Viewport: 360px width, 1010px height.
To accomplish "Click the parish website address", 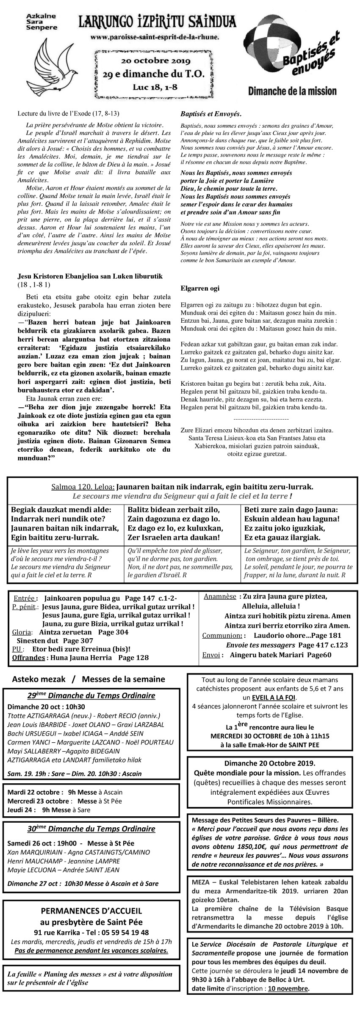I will click(155, 37).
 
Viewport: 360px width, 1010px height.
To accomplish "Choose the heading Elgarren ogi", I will click(200, 288).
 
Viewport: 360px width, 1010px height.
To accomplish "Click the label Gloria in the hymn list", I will click(22, 632).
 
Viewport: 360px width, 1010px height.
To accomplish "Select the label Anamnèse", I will click(220, 596).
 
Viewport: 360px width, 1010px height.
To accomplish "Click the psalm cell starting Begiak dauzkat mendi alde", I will click(65, 524).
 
